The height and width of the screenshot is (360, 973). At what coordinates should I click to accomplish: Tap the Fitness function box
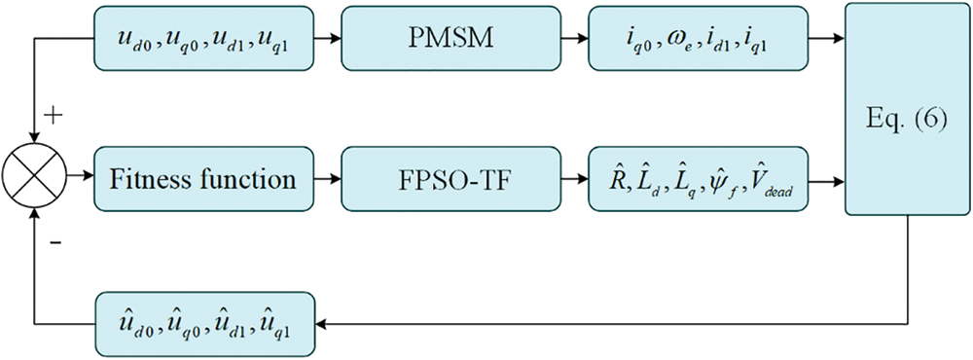coord(205,180)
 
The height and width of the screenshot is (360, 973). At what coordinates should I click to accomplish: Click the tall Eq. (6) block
coord(906,109)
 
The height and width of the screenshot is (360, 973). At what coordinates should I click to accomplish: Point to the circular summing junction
coord(36,180)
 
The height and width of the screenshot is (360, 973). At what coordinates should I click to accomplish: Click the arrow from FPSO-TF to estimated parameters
coord(576,180)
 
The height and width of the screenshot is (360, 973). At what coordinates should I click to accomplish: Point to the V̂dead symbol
coord(773,181)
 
